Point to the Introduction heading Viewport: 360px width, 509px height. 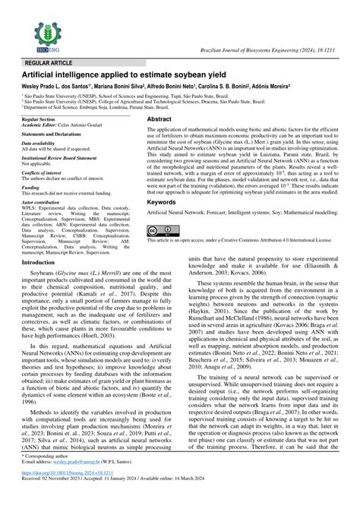43,241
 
